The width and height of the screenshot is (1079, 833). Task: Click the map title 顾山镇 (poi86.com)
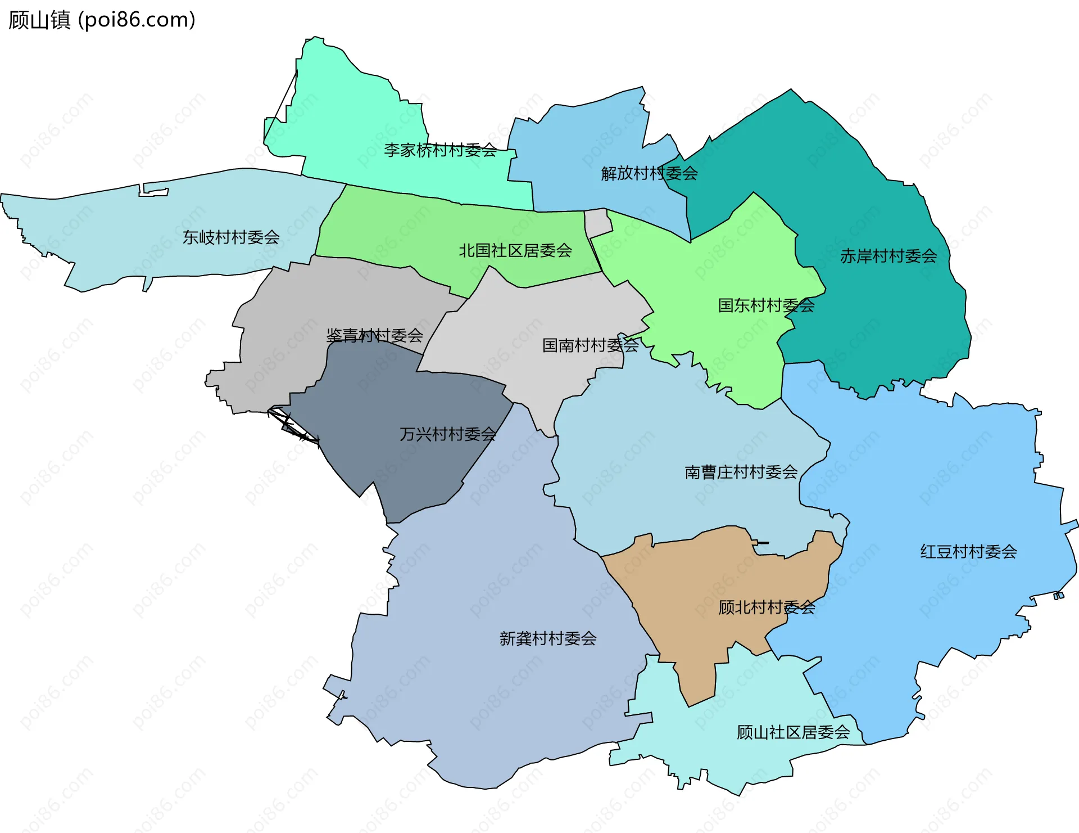102,20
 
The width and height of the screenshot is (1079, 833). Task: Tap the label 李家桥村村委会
440,150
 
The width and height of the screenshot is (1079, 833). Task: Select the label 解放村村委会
649,173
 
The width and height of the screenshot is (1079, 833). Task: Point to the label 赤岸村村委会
888,256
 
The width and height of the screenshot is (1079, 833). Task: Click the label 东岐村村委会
231,237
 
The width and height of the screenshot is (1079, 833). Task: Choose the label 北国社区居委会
515,251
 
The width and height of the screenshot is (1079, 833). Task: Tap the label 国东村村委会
766,305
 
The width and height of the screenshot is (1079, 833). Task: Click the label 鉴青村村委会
374,336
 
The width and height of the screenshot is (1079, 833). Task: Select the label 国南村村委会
590,345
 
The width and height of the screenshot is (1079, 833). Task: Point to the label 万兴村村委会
447,434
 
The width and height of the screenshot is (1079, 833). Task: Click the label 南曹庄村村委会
741,472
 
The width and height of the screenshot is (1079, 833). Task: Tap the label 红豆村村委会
968,552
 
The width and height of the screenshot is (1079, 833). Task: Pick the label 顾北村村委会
766,607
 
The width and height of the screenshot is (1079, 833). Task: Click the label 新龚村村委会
547,638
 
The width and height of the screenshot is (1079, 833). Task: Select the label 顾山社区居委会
792,732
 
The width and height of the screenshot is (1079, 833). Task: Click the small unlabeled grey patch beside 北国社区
597,223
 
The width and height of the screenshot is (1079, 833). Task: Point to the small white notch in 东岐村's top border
153,191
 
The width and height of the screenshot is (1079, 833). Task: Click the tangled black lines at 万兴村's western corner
292,425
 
